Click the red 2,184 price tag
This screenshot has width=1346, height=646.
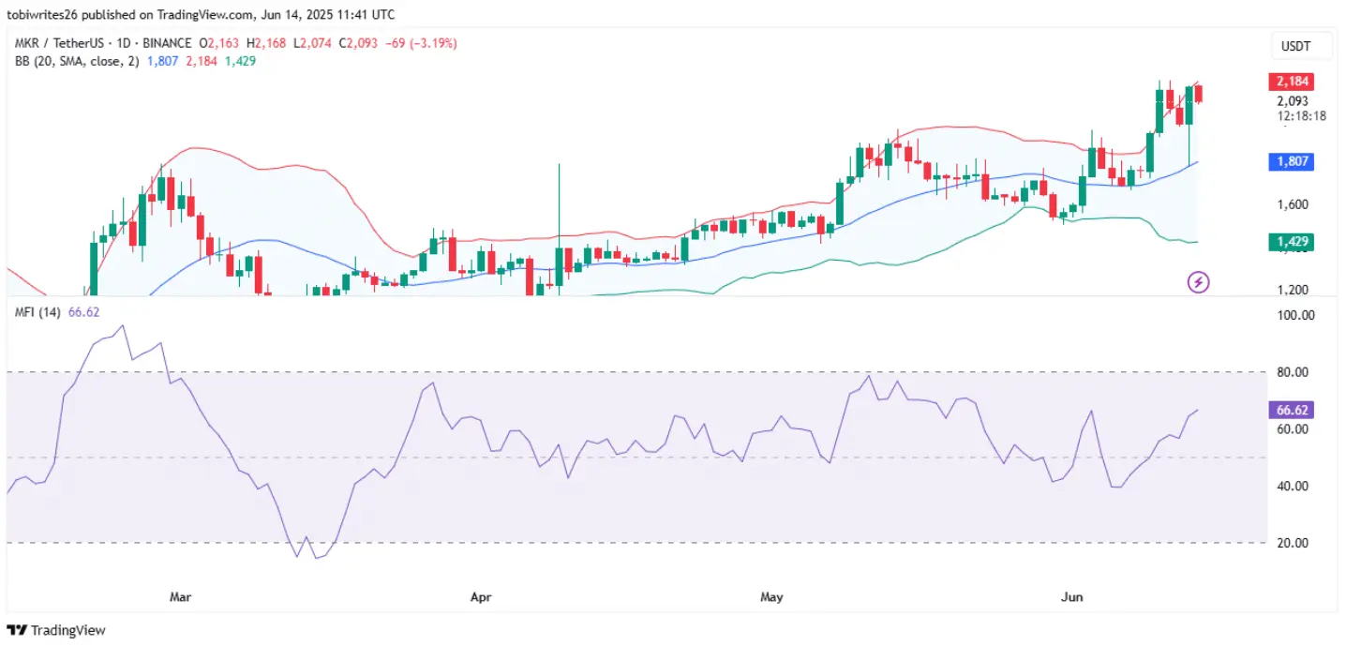1290,82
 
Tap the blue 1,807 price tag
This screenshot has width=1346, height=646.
1290,161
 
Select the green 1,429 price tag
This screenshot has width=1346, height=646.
1290,243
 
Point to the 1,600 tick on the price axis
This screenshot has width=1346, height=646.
1293,204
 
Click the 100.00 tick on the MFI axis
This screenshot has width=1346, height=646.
1296,316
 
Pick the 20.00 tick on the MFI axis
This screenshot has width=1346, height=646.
1296,543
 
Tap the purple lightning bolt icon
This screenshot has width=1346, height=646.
1198,281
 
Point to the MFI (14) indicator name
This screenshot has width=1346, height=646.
37,312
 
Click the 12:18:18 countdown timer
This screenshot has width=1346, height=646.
1300,116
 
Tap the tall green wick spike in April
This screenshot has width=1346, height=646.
559,188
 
